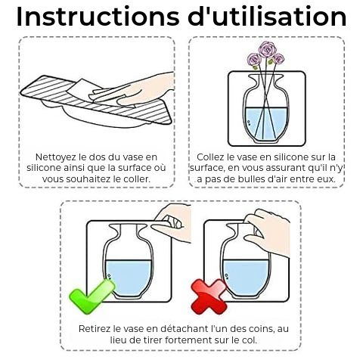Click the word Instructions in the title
pos(98,17)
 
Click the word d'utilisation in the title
pos(267,17)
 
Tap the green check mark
pos(92,297)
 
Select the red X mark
pos(209,296)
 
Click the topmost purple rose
pos(268,49)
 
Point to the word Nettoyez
pos(55,157)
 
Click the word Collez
pos(211,157)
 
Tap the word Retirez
pos(95,329)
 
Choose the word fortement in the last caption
pos(188,340)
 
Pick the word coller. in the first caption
pos(138,179)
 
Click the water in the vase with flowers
pos(266,123)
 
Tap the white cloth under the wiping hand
pos(83,88)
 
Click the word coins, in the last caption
pos(262,329)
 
